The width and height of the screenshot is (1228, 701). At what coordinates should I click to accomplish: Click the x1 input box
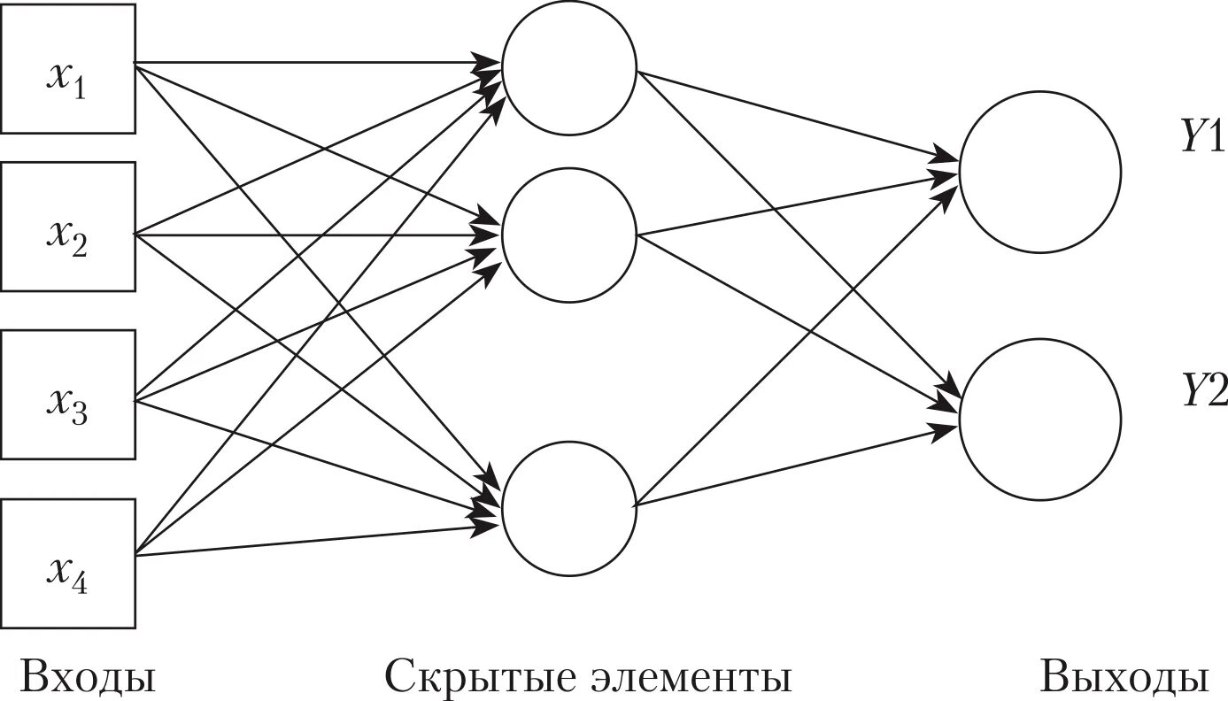[67, 68]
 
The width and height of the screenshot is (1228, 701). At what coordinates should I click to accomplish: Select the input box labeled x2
[67, 227]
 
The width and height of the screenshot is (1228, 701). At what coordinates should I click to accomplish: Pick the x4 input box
[67, 564]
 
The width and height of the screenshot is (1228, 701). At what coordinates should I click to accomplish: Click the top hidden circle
[569, 66]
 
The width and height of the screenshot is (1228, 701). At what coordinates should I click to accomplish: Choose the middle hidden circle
[569, 235]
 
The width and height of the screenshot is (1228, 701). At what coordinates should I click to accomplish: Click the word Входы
[87, 677]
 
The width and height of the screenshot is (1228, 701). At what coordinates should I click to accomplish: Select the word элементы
[690, 677]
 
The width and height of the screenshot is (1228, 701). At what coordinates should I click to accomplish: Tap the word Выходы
[1124, 677]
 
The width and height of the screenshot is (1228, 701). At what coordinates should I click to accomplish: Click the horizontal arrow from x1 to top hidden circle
[310, 63]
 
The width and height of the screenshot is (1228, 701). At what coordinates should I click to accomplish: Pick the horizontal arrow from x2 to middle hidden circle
[310, 235]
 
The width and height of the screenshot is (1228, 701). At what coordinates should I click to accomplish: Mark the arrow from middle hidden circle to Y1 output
[797, 205]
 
